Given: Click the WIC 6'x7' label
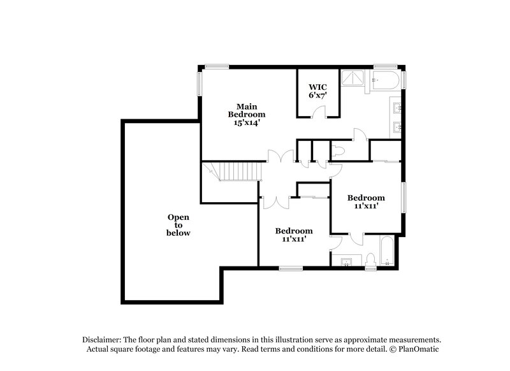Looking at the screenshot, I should pos(318,91).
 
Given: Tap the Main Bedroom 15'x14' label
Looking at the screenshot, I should pos(247,114).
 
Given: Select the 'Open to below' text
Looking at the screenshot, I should pos(179,225).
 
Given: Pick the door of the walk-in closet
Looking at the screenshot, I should pos(323,112).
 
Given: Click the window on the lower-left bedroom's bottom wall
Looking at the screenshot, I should pos(291,268).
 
